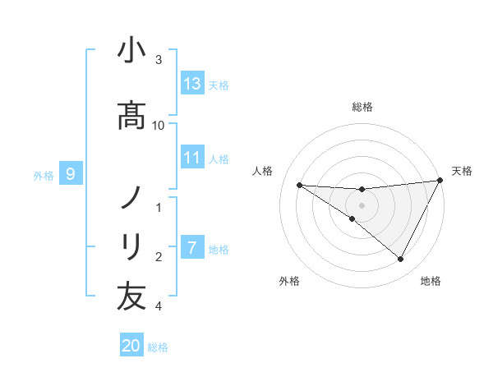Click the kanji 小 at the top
tap(131, 49)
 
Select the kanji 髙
tap(131, 115)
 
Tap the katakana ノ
tap(131, 197)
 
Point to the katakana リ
tap(131, 247)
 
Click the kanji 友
tap(131, 296)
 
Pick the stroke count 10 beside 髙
tap(158, 126)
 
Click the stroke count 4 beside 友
tap(159, 306)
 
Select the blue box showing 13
tap(192, 83)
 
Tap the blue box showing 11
tap(192, 157)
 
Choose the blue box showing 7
tap(192, 246)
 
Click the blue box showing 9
tap(71, 173)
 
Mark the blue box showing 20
tap(131, 344)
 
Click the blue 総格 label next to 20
tap(158, 347)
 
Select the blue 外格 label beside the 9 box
tap(44, 176)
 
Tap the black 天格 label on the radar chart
tap(462, 171)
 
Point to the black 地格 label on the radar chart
tap(431, 281)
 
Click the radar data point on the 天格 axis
tap(440, 180)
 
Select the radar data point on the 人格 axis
tap(300, 185)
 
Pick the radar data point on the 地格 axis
tap(400, 259)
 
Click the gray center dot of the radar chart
tap(362, 205)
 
